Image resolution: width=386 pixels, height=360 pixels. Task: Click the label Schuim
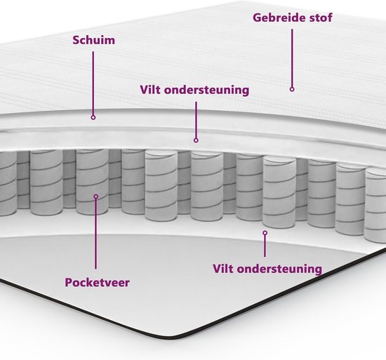coord(93,40)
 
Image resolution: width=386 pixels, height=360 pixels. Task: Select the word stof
coord(321,18)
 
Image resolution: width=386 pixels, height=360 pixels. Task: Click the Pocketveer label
coord(97,282)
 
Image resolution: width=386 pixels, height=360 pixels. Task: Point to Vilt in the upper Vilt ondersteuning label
coord(150,90)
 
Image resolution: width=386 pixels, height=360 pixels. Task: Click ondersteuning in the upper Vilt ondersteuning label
coord(206,91)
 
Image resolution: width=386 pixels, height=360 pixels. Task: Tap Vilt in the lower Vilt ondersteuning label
coord(223,269)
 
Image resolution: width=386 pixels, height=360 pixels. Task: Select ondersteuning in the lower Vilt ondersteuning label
coord(279,269)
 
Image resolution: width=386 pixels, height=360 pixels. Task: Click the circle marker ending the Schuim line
coord(93,117)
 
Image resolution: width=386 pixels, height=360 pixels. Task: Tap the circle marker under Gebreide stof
coord(292,89)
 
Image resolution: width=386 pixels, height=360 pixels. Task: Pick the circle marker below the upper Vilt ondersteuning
coord(196,140)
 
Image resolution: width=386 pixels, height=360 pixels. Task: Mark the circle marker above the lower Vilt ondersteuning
coord(265,232)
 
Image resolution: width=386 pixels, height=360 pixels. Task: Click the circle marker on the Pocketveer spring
coord(96,196)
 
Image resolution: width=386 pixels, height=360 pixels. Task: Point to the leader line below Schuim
coord(93,84)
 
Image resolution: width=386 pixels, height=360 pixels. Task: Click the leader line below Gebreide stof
coord(292,58)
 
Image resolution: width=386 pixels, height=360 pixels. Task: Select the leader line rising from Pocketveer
coord(95,234)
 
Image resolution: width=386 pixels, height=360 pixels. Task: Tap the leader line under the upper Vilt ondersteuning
coord(197,120)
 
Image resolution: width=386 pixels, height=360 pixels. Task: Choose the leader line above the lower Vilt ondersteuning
coord(265,246)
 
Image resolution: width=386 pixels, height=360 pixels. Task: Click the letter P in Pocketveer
coord(68,282)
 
